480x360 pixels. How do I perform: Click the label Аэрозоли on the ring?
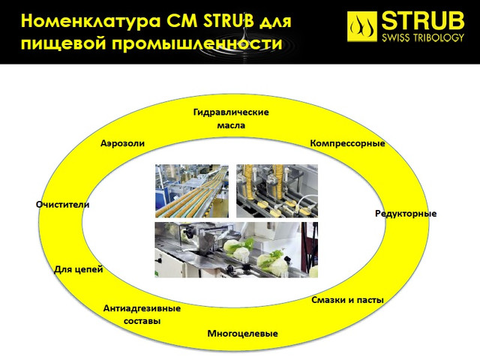coord(122,143)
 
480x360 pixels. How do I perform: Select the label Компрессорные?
coord(347,143)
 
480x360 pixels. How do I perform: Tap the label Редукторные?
coord(406,213)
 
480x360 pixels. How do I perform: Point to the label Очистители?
coord(63,205)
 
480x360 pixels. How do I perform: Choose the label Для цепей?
coord(78,269)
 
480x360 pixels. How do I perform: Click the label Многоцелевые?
coord(243,333)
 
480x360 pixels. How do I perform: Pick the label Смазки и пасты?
coord(347,300)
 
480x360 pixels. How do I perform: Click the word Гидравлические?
coord(231,112)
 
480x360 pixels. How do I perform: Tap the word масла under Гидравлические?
coord(231,125)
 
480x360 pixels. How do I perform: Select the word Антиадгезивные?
coord(142,308)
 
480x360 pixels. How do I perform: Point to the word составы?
coord(142,321)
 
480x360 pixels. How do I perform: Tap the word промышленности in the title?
coord(196,43)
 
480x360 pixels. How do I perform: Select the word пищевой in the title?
coord(63,43)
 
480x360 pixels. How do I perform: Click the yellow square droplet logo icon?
coord(361,27)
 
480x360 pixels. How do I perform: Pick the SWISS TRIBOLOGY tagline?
coord(423,37)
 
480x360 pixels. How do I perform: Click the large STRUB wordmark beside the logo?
coord(423,20)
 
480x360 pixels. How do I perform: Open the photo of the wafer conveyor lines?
coord(192,191)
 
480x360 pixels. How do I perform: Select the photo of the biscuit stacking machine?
coord(277,191)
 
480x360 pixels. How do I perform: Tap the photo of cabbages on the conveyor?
coord(236,250)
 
